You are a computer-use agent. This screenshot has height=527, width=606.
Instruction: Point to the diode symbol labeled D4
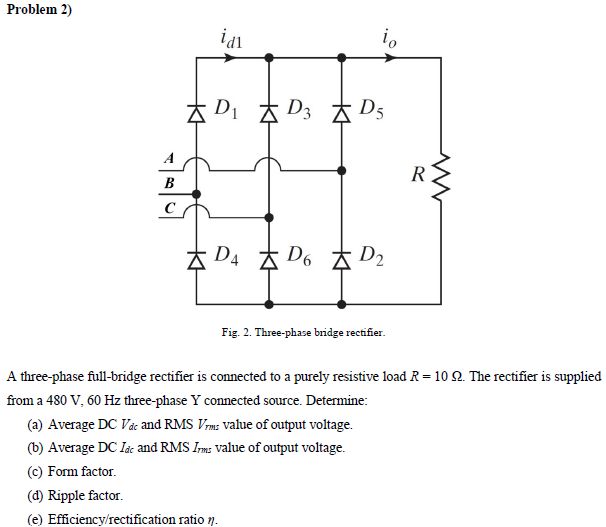(196, 259)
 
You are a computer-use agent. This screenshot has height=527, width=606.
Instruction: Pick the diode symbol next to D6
(269, 259)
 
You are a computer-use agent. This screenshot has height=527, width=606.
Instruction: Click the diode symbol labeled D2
(342, 259)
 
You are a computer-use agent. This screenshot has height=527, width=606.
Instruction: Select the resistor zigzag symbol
(440, 177)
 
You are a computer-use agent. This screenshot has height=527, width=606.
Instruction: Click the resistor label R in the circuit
(418, 177)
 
